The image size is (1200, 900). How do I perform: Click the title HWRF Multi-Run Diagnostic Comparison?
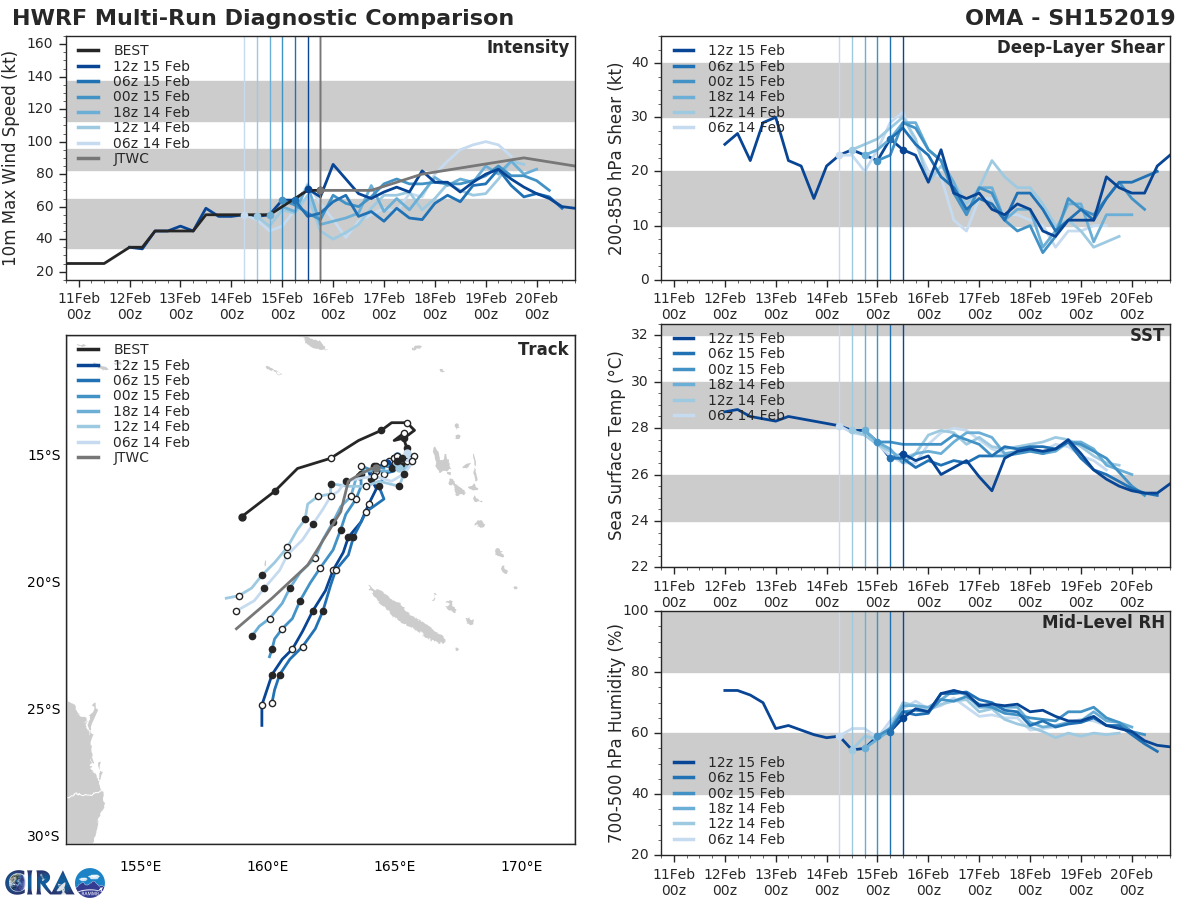(x=263, y=18)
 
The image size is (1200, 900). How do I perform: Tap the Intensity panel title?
(x=527, y=48)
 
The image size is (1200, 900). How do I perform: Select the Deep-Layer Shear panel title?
(x=1080, y=48)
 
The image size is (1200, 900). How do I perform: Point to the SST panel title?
(x=1147, y=335)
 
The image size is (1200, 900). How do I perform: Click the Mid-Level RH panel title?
(x=1103, y=622)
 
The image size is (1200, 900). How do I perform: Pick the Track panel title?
(x=543, y=349)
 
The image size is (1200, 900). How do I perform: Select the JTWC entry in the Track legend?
(x=131, y=458)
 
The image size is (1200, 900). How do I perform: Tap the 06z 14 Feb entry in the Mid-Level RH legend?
(x=745, y=840)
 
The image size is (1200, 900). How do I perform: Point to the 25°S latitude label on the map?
(x=43, y=710)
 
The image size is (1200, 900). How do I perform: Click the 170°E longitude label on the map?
(x=521, y=866)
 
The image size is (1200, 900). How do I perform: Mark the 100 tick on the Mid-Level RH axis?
(x=637, y=611)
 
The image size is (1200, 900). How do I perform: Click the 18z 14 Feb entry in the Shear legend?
(x=745, y=96)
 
